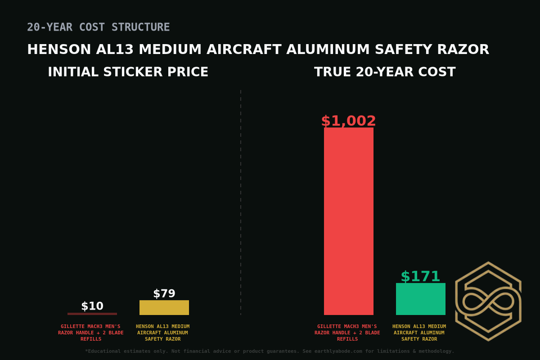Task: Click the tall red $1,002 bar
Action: click(349, 221)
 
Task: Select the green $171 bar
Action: click(421, 299)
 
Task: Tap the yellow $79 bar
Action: click(164, 307)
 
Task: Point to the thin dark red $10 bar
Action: click(92, 314)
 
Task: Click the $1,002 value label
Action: click(349, 121)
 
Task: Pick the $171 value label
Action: click(420, 276)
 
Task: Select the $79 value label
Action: click(164, 294)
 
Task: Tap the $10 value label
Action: click(92, 306)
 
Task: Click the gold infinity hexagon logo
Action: click(488, 301)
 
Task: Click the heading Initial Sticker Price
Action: click(128, 72)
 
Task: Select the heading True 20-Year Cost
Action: click(385, 72)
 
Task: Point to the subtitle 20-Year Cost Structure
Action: click(99, 27)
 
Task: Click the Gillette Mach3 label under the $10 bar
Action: click(91, 333)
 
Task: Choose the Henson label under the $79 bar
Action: click(163, 333)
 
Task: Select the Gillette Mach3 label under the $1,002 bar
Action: click(347, 333)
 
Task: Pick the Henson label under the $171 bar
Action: click(419, 333)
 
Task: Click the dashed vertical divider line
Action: click(241, 202)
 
